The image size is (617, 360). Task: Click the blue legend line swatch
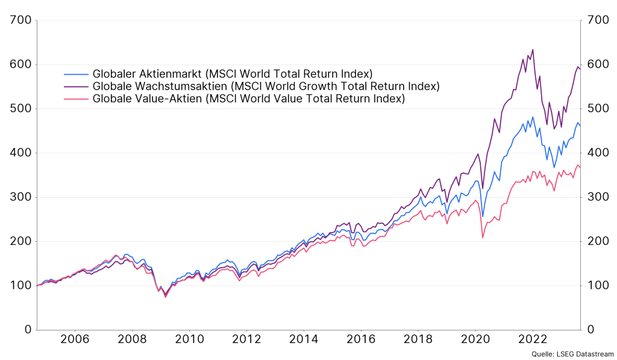pyautogui.click(x=77, y=74)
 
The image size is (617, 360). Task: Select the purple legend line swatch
pyautogui.click(x=77, y=86)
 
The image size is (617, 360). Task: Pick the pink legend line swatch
pyautogui.click(x=77, y=98)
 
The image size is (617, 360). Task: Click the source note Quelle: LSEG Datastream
pyautogui.click(x=572, y=354)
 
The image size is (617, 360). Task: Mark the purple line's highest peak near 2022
pyautogui.click(x=533, y=49)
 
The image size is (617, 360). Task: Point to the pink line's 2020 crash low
pyautogui.click(x=483, y=238)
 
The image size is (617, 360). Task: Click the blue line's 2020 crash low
pyautogui.click(x=483, y=216)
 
